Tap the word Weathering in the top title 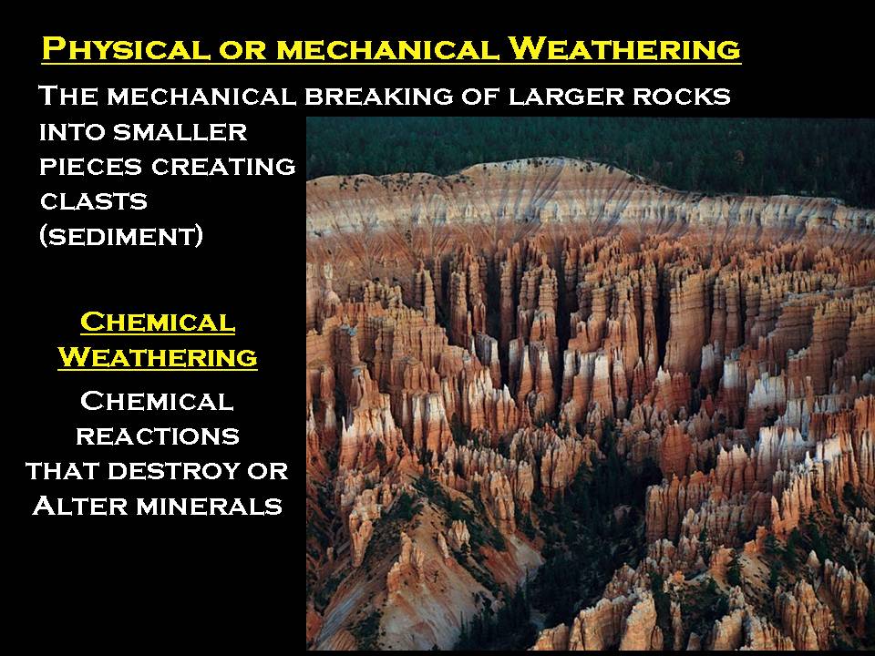[623, 48]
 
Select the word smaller [180, 132]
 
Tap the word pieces [91, 167]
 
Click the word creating [223, 167]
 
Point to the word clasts [94, 201]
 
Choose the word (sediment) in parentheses [121, 236]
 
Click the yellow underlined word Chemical [158, 323]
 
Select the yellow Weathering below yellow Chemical [158, 357]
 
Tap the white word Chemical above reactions [157, 401]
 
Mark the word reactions [158, 436]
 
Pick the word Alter [80, 506]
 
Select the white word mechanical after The [202, 96]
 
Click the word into [73, 132]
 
